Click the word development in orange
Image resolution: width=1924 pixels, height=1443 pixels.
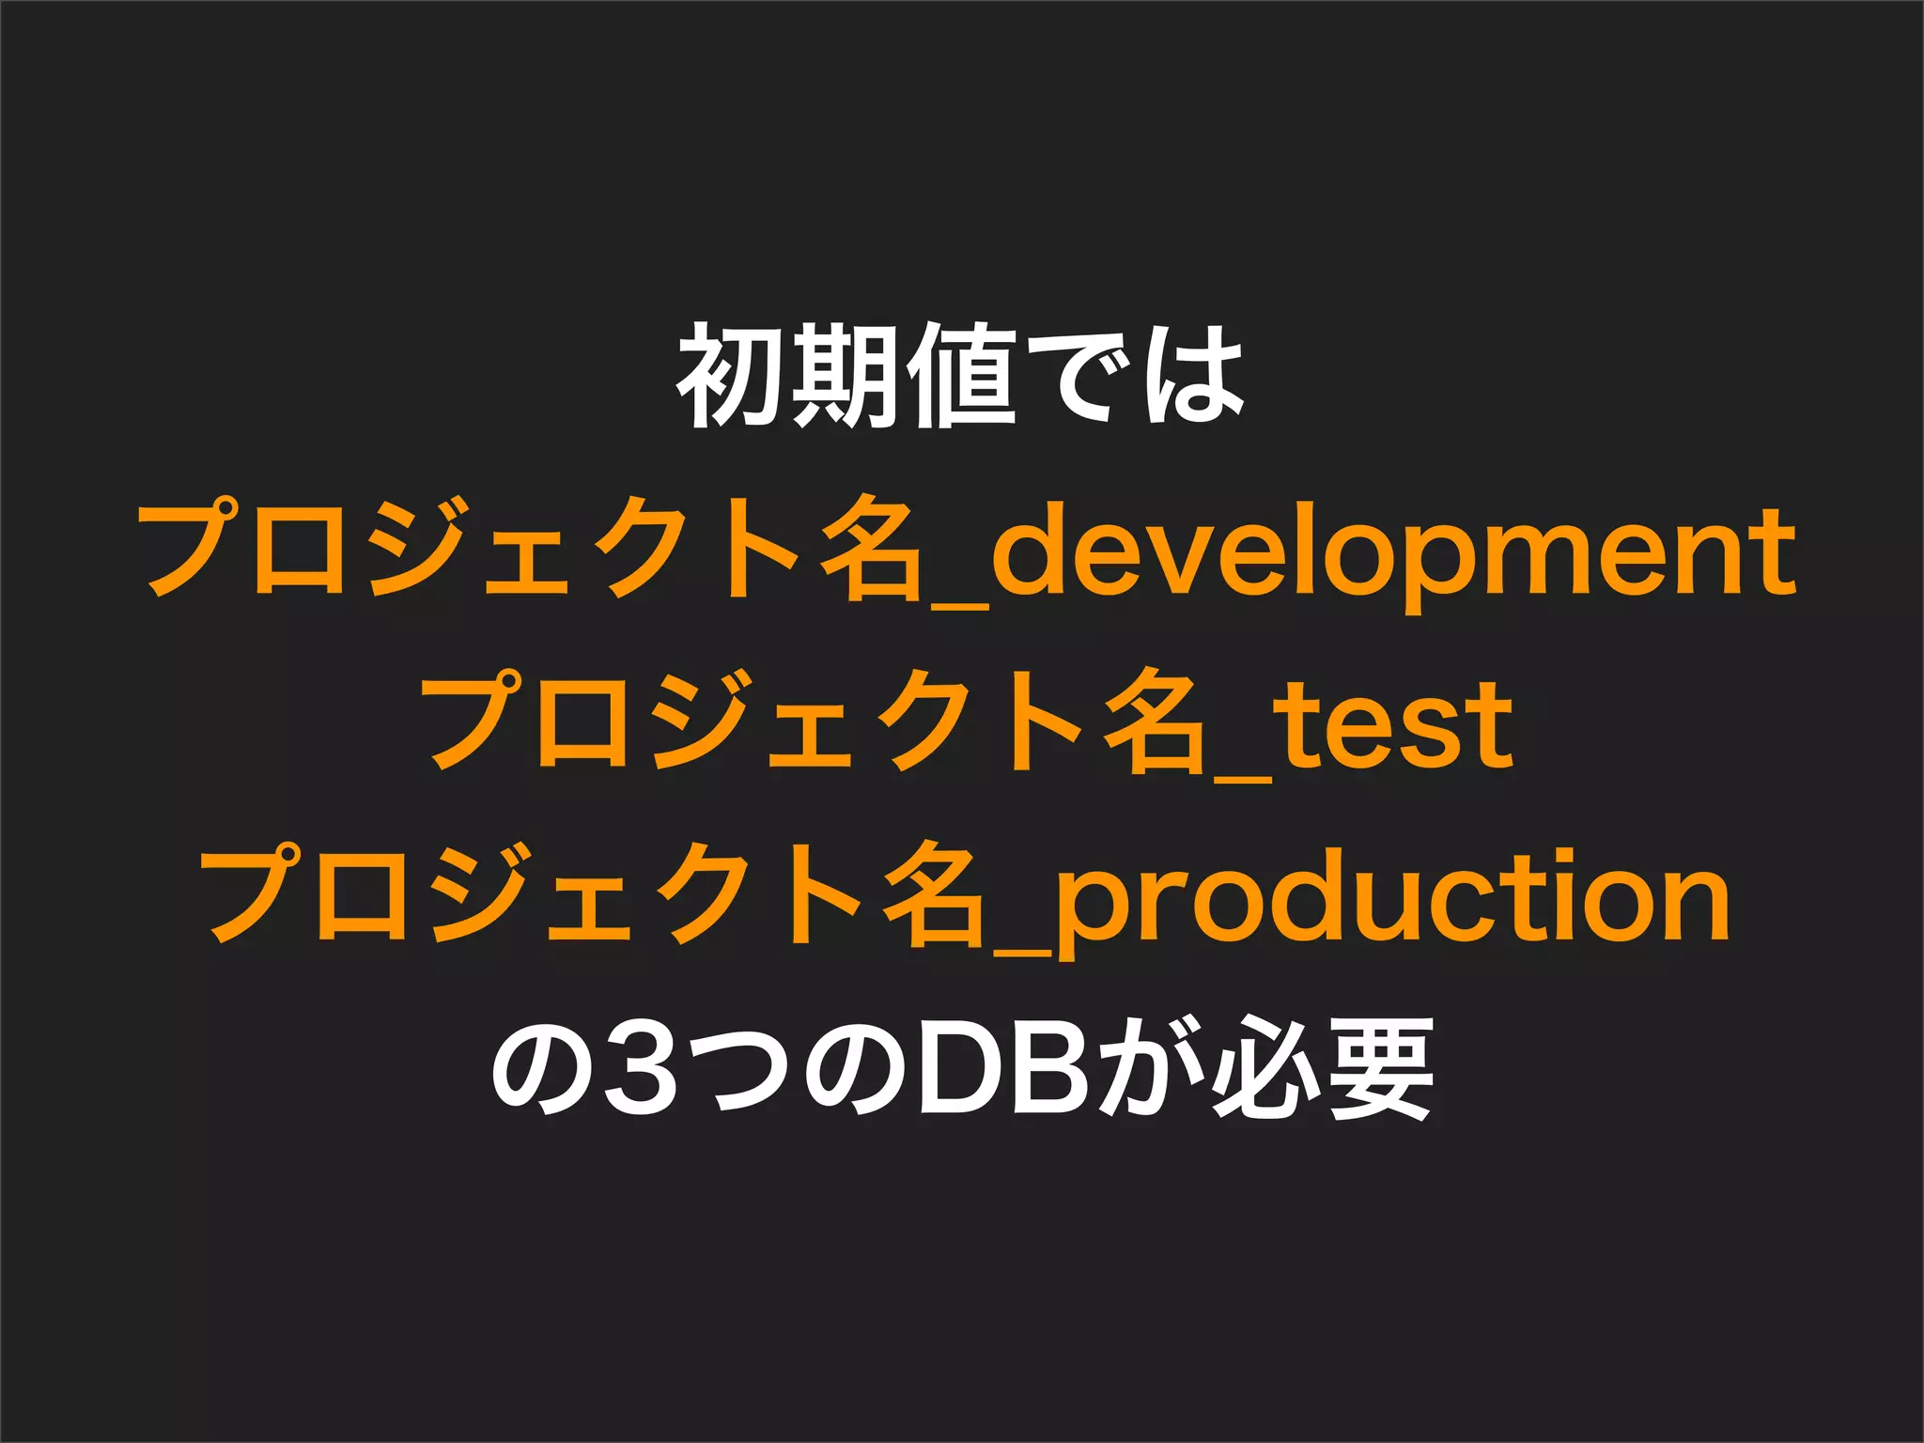coord(1393,554)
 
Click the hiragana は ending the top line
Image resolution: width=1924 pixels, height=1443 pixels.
coord(1189,376)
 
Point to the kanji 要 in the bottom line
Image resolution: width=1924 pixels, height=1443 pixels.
coord(1378,1069)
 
